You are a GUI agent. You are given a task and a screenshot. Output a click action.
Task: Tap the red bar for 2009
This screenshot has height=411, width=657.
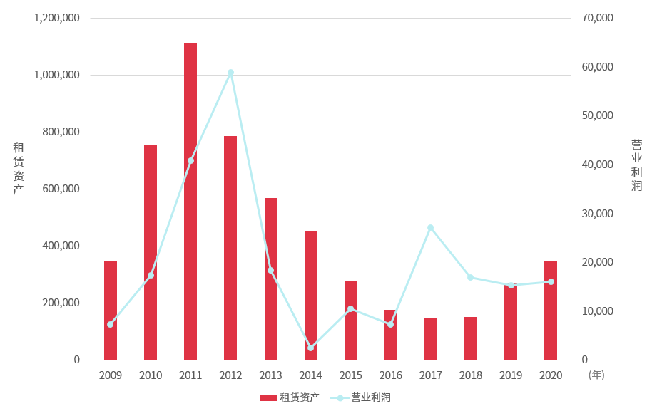[111, 311]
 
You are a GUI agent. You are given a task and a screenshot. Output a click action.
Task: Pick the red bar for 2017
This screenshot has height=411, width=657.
[431, 339]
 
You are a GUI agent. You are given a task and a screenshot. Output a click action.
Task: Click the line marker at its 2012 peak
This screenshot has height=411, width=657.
[230, 73]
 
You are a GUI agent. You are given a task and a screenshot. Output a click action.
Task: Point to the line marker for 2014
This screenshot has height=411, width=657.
[310, 348]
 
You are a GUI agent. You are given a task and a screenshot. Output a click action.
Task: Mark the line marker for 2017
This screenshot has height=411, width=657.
[430, 228]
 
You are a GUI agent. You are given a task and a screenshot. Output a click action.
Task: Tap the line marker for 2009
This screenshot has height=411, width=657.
[110, 324]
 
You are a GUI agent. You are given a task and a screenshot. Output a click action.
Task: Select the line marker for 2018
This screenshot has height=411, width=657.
[470, 277]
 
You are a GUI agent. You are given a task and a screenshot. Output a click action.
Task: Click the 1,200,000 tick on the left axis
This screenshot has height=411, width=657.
[56, 18]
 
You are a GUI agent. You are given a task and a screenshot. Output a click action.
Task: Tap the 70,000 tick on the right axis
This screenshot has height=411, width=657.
[598, 18]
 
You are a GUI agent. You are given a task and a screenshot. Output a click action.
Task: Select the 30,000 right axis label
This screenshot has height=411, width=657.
[598, 214]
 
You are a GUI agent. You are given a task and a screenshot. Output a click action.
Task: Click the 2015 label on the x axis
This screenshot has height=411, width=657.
[350, 375]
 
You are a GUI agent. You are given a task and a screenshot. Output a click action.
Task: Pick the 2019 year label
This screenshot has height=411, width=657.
[511, 375]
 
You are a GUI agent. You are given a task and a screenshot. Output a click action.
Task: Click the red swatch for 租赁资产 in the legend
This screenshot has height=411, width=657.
[268, 397]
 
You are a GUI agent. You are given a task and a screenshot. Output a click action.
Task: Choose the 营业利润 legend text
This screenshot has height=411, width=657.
[370, 397]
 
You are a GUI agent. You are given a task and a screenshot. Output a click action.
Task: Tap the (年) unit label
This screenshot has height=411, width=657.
[596, 375]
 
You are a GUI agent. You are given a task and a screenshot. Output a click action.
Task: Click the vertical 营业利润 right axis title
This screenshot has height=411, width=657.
[636, 165]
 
